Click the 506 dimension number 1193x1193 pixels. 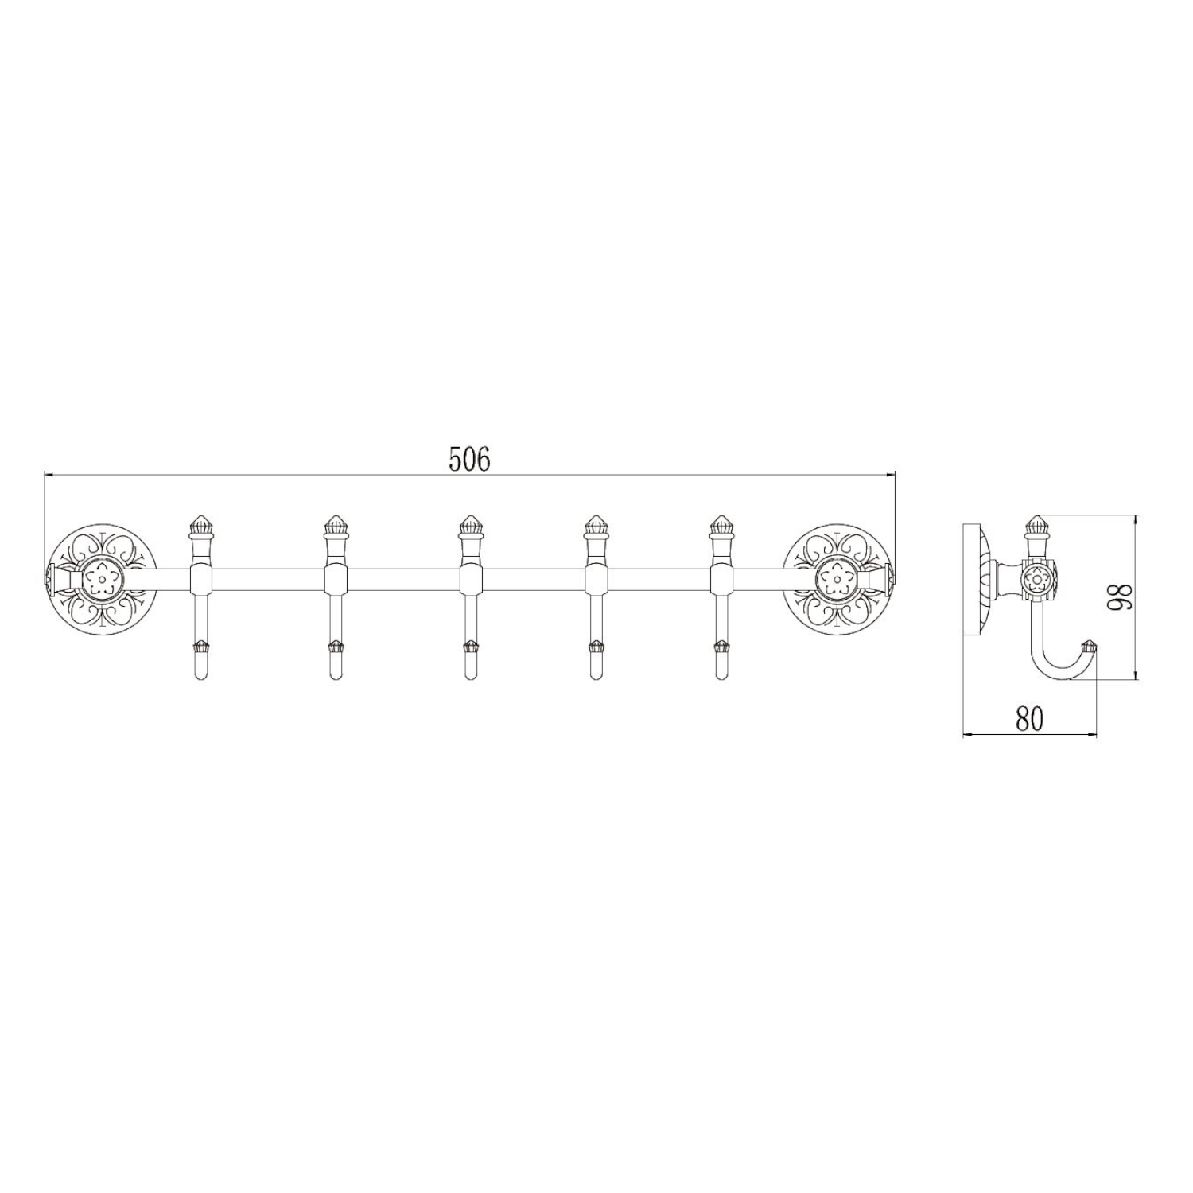[x=469, y=460]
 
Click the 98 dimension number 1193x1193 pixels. [x=1122, y=596]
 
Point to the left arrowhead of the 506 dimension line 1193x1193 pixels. [x=48, y=476]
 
